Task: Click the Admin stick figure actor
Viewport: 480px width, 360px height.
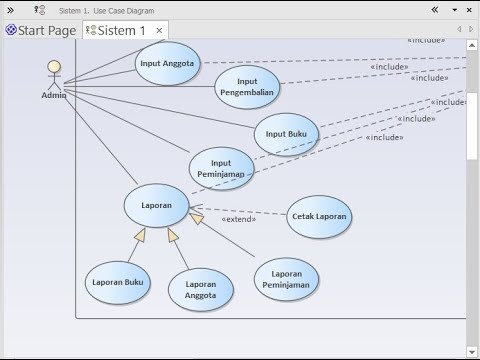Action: pos(54,76)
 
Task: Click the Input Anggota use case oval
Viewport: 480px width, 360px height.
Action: pos(167,62)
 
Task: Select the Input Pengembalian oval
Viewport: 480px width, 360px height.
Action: pos(247,87)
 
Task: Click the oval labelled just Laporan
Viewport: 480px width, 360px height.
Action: pos(156,205)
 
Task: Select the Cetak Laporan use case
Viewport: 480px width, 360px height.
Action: pos(319,216)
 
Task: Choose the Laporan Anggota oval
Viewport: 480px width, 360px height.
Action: pos(200,289)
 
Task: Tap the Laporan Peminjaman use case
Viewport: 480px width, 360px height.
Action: pos(287,279)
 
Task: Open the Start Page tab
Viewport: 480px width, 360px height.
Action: pos(41,30)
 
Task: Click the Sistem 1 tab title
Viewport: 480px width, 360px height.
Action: pos(121,30)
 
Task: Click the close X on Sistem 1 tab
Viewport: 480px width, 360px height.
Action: pos(159,31)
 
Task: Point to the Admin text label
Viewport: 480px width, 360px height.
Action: pos(54,96)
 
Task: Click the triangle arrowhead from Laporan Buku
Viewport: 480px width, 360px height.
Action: pos(141,235)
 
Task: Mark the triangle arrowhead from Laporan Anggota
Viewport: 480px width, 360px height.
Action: pos(172,235)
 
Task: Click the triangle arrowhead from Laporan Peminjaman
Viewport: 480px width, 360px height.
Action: pos(196,217)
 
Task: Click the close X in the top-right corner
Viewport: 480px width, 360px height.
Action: pos(469,9)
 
